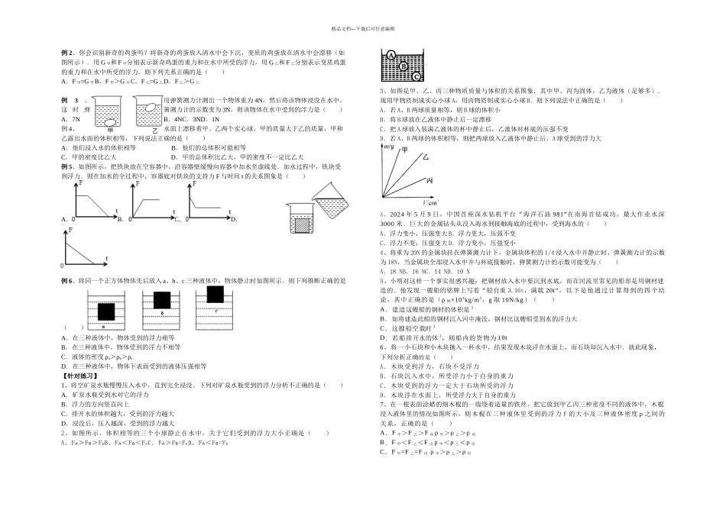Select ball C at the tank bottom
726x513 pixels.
(x=417, y=76)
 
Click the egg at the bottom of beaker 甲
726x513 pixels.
(x=111, y=122)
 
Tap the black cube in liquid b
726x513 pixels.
(x=162, y=298)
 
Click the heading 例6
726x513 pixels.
(x=67, y=280)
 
